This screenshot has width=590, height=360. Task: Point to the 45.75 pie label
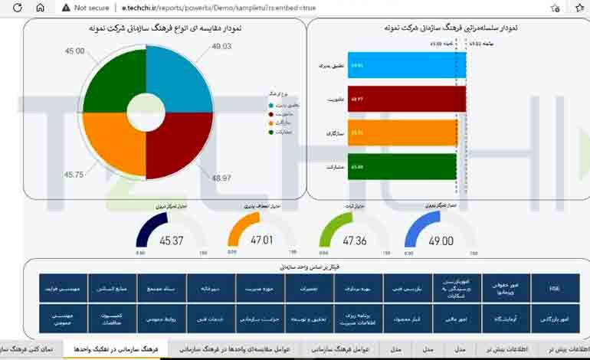click(74, 175)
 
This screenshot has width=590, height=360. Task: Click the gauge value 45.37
click(171, 241)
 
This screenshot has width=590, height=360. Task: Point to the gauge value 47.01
click(261, 241)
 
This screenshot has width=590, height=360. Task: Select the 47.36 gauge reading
click(355, 241)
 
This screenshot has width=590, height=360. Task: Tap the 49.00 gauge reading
click(441, 241)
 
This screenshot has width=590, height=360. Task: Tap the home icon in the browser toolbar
click(41, 8)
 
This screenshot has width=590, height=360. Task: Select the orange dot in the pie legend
click(270, 123)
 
